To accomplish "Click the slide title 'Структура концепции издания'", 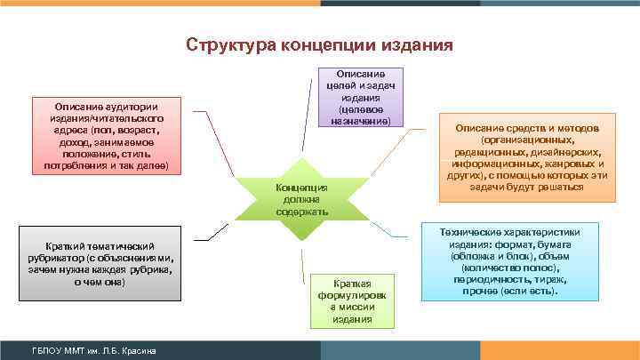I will click(x=319, y=44).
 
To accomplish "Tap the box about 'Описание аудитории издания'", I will click(x=106, y=135).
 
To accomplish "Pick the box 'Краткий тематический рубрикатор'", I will click(x=100, y=264).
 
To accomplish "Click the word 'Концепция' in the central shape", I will click(x=301, y=188).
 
